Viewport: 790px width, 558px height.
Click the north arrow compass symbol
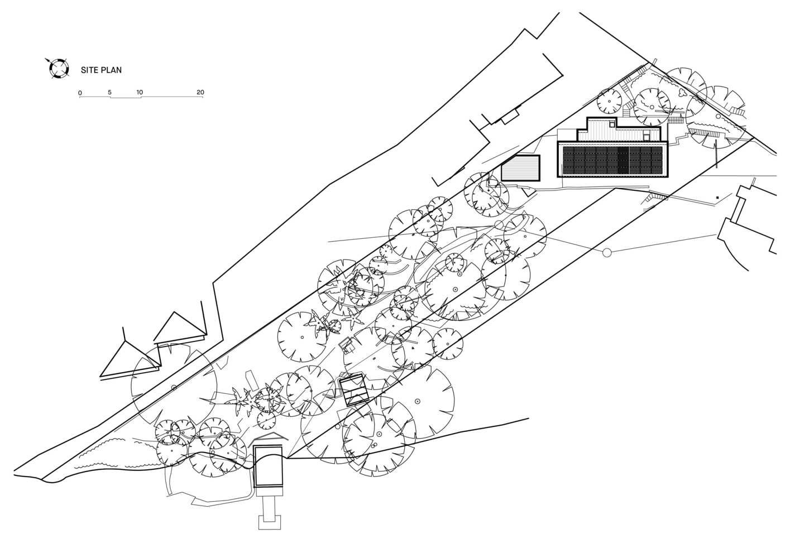coord(58,68)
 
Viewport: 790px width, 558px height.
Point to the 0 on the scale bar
coord(80,93)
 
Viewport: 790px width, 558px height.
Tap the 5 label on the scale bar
coord(109,93)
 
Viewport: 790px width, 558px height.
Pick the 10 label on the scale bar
coord(140,93)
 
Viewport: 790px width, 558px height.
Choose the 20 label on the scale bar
coord(200,93)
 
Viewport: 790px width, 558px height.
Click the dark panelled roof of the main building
coord(612,160)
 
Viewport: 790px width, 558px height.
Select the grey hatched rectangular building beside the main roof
coord(521,168)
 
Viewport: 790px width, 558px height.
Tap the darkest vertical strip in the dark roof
coord(623,160)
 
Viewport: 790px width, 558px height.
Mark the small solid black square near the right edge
coord(717,198)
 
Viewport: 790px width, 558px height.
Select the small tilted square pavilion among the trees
coord(354,390)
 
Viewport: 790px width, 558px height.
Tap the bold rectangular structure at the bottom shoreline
coord(268,466)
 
